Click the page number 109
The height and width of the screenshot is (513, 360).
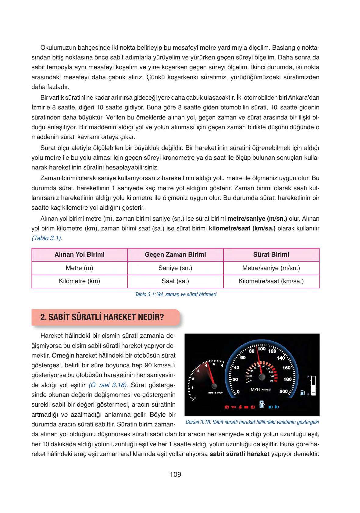(x=175, y=474)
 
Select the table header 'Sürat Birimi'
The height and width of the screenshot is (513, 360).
(x=271, y=254)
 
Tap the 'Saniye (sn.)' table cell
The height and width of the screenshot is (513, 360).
(x=175, y=268)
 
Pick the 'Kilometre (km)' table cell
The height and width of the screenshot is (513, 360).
(x=79, y=281)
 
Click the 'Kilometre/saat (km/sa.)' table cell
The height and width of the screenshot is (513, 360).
(x=271, y=281)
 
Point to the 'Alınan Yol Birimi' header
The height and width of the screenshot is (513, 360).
(x=79, y=254)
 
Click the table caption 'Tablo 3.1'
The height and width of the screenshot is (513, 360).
(x=176, y=295)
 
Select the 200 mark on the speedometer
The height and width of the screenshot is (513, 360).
(x=283, y=391)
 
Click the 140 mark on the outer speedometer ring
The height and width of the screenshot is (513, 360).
(x=281, y=358)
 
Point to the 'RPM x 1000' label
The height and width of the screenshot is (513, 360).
(x=216, y=393)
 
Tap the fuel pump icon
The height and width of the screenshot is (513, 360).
(x=302, y=393)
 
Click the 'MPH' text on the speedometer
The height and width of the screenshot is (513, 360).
(x=255, y=389)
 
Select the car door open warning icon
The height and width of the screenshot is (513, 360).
(x=262, y=404)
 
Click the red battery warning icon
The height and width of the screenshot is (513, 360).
(x=246, y=407)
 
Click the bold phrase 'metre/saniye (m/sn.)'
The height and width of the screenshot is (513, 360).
(x=257, y=219)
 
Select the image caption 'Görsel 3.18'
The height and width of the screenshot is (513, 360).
(x=252, y=422)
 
